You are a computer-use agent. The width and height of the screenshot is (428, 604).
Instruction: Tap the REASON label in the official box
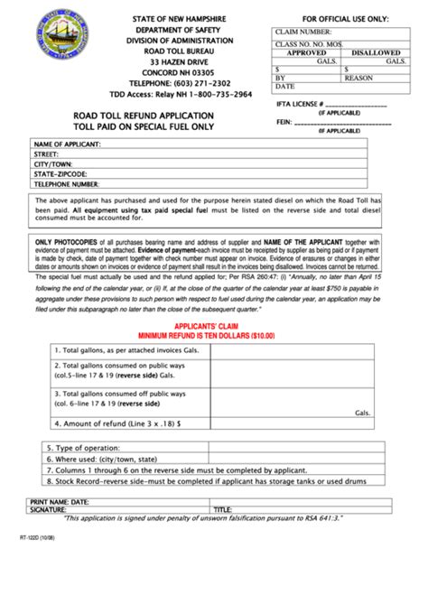click(358, 78)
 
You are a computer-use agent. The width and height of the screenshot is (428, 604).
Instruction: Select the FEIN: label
click(284, 125)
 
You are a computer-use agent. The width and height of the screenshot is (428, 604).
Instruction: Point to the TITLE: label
click(222, 509)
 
